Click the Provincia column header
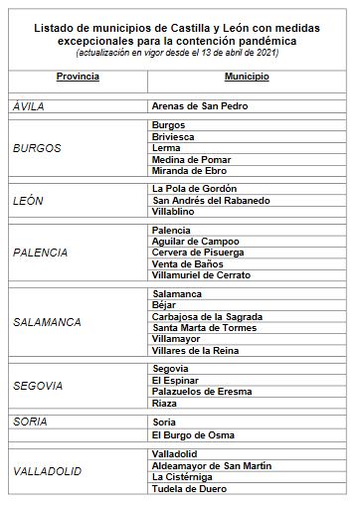[x=78, y=76]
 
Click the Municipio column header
[x=246, y=76]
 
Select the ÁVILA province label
[x=30, y=105]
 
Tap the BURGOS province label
[x=37, y=148]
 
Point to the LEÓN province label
[x=30, y=200]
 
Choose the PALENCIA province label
[x=41, y=253]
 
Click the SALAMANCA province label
[x=47, y=322]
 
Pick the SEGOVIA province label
[x=38, y=385]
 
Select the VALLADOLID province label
[x=48, y=470]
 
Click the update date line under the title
[x=177, y=54]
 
